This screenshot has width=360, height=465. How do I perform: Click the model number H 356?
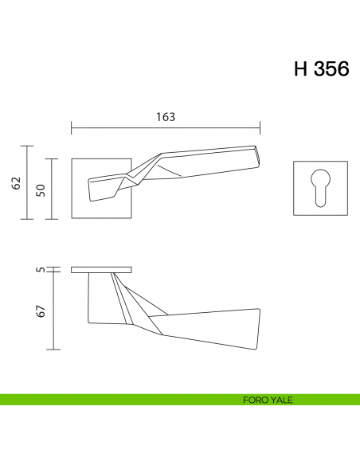click(321, 69)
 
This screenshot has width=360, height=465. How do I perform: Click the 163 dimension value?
click(165, 116)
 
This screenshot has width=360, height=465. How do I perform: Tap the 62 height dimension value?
click(16, 182)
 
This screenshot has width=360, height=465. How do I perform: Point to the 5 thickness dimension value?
click(41, 270)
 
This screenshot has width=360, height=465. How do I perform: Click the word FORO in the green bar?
click(256, 400)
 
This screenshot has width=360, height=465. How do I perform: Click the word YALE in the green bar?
click(282, 400)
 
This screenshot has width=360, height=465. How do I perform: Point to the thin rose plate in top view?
click(101, 270)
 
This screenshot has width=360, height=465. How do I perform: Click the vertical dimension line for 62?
click(29, 182)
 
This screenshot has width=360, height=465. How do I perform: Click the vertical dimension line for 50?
click(53, 189)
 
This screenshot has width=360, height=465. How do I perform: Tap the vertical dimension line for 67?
click(53, 311)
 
